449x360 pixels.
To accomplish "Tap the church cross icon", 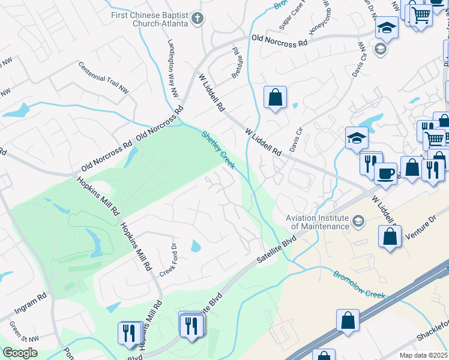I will tap(197, 18).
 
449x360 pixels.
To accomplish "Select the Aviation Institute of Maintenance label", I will tap(318, 222).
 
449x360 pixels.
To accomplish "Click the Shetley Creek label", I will tap(218, 149).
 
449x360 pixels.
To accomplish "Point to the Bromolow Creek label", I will tap(359, 285).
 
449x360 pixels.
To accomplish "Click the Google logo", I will tap(20, 353).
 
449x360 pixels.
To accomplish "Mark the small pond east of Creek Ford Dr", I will tap(196, 246).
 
